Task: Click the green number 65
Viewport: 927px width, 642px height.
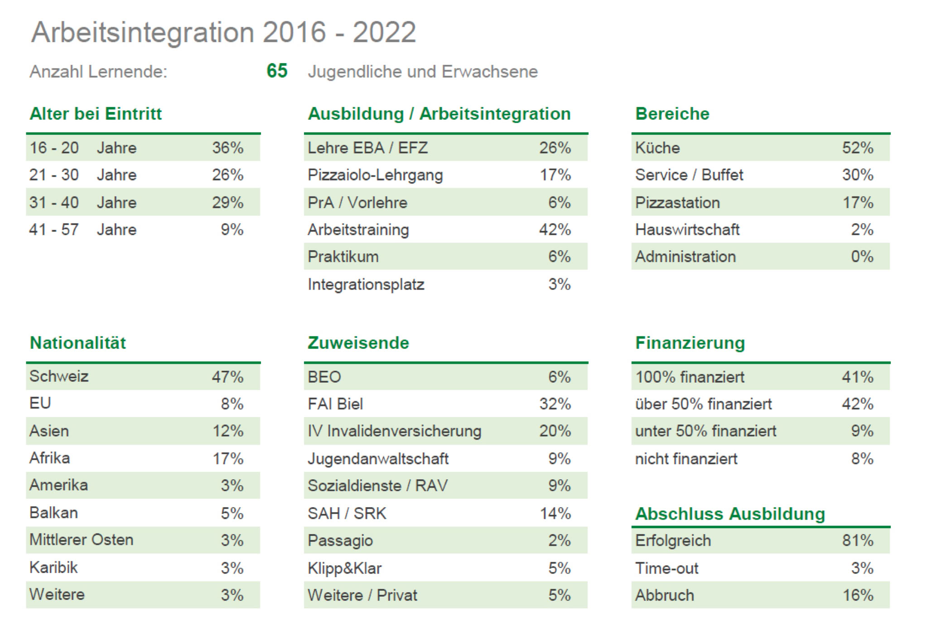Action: [277, 71]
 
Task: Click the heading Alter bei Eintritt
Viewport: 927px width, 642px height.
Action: [96, 113]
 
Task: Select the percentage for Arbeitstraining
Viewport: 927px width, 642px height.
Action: [555, 229]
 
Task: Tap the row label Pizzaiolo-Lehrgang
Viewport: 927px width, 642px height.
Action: [375, 175]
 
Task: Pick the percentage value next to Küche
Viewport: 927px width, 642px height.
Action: [857, 148]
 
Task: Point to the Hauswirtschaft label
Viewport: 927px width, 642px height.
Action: [687, 229]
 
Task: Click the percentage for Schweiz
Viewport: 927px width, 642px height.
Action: [227, 377]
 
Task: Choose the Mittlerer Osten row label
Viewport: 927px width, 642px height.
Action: [82, 540]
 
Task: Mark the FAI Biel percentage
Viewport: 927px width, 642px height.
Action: [555, 404]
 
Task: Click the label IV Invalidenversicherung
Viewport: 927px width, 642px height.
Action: [394, 431]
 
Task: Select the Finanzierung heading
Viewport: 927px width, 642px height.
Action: [690, 343]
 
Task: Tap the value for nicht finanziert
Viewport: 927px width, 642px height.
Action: [862, 458]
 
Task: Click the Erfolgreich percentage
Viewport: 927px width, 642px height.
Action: [857, 540]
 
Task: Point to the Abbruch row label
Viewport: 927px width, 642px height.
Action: [664, 595]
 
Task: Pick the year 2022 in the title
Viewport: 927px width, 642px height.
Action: [384, 32]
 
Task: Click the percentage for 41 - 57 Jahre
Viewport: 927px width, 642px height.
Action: [232, 229]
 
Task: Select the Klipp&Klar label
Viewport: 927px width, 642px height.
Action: [344, 568]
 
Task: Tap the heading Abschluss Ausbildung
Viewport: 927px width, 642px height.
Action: [730, 514]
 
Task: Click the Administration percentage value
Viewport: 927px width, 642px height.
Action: [862, 257]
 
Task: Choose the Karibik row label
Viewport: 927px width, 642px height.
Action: [53, 567]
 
